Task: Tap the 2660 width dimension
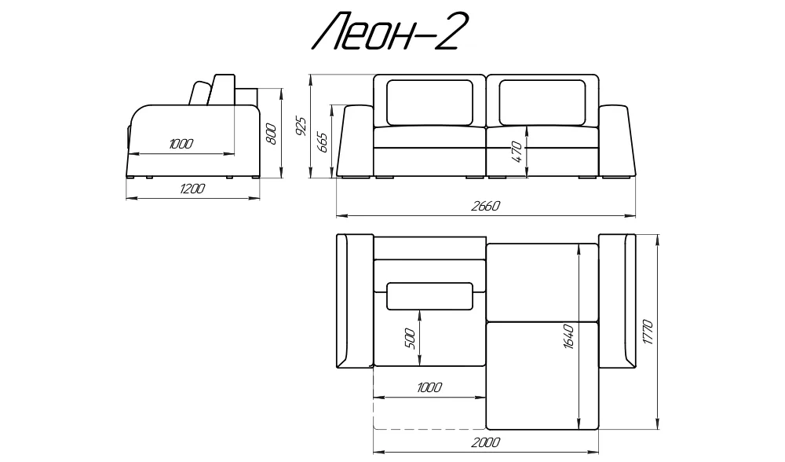click(486, 206)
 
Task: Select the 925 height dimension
click(301, 126)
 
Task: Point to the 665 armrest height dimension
click(323, 143)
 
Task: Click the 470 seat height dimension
click(517, 152)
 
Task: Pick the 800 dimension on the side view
click(271, 134)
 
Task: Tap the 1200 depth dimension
click(192, 189)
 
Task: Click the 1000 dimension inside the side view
click(181, 145)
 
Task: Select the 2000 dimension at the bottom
click(486, 442)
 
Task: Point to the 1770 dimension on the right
click(648, 332)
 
